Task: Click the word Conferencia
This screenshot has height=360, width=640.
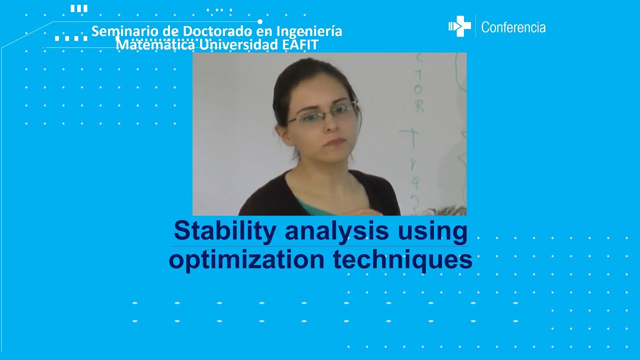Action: [513, 27]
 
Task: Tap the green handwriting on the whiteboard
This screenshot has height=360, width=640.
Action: [415, 100]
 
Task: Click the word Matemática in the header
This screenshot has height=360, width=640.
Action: [155, 44]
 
